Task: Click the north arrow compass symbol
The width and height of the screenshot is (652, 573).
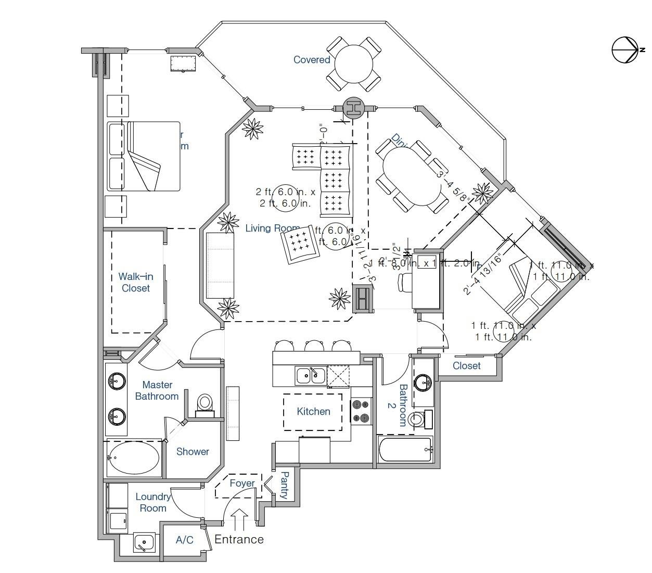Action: (625, 50)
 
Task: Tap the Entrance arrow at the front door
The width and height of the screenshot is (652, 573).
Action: (239, 519)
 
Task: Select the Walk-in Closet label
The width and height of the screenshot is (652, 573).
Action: (135, 283)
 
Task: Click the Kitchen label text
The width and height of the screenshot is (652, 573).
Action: (313, 411)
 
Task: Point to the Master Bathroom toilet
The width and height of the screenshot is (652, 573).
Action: (204, 404)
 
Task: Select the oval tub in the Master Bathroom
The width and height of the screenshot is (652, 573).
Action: (135, 457)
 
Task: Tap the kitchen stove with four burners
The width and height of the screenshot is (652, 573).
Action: (361, 411)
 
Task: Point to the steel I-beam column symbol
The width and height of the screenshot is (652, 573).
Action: (354, 108)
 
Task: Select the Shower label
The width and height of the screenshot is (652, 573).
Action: (193, 451)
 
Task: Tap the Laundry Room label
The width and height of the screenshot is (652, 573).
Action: (152, 502)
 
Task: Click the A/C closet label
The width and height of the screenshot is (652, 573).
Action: (184, 540)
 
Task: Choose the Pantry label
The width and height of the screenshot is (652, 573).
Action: (285, 485)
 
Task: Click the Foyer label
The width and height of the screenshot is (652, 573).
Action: (242, 483)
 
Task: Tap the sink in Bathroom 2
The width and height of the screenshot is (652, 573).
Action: (424, 383)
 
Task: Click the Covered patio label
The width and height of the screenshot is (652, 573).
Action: (312, 60)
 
